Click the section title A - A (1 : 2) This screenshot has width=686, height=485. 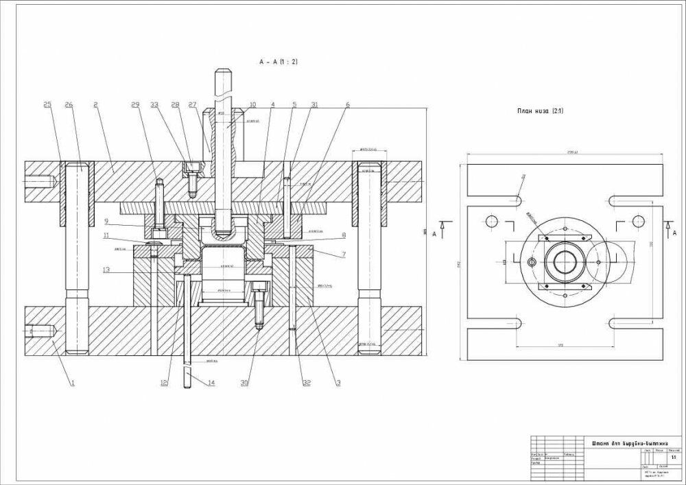click(278, 62)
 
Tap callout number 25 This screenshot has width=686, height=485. click(47, 105)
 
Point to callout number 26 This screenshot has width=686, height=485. click(69, 105)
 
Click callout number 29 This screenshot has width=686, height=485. click(135, 105)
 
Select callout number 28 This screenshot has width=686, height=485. click(175, 105)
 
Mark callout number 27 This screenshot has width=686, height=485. click(193, 105)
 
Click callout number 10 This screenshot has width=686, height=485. click(252, 105)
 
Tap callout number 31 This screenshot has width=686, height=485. click(314, 105)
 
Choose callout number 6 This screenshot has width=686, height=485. click(348, 105)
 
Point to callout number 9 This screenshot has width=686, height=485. click(107, 221)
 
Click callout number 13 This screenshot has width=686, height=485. click(106, 270)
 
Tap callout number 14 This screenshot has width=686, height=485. click(211, 383)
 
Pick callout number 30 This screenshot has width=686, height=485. click(244, 383)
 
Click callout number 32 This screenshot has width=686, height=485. click(306, 383)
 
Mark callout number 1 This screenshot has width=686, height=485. click(71, 383)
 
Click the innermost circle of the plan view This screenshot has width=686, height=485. click(565, 263)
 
